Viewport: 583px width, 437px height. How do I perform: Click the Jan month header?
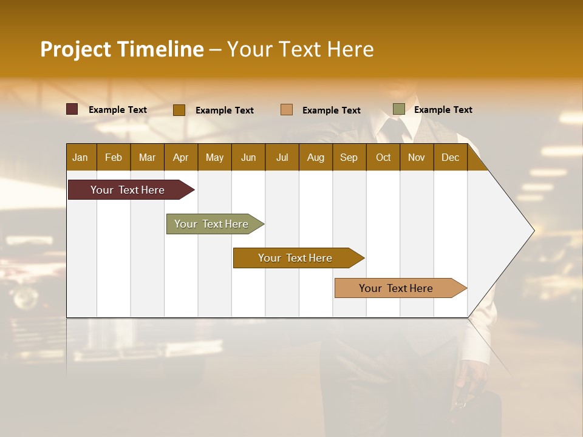pyautogui.click(x=81, y=157)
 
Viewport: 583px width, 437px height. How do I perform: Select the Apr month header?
pyautogui.click(x=181, y=157)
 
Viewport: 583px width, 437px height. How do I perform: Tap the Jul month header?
pyautogui.click(x=282, y=157)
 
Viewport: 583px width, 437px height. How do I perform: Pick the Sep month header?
pyautogui.click(x=349, y=157)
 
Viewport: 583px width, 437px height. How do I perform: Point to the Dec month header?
pyautogui.click(x=450, y=157)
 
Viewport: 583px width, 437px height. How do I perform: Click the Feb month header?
pyautogui.click(x=114, y=157)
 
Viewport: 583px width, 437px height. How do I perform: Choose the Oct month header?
pyautogui.click(x=383, y=157)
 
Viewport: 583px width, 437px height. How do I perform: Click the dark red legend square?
pyautogui.click(x=72, y=109)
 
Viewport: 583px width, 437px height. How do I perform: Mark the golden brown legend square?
pyautogui.click(x=179, y=110)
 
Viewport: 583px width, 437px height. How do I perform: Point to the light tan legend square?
pyautogui.click(x=287, y=110)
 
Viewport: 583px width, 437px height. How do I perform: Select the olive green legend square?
pyautogui.click(x=399, y=109)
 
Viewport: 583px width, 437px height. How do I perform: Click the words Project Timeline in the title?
pyautogui.click(x=122, y=49)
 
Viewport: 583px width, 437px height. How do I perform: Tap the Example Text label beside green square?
pyautogui.click(x=443, y=110)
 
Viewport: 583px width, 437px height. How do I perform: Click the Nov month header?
pyautogui.click(x=417, y=157)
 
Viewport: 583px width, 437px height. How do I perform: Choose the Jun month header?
pyautogui.click(x=248, y=157)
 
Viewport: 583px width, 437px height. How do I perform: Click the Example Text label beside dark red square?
pyautogui.click(x=118, y=110)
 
